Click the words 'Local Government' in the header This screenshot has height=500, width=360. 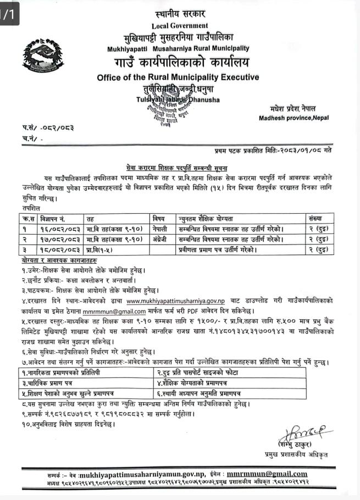(180, 25)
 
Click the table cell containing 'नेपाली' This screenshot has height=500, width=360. (161, 229)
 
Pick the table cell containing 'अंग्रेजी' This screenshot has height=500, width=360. (161, 239)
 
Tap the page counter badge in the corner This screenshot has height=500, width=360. (9, 12)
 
